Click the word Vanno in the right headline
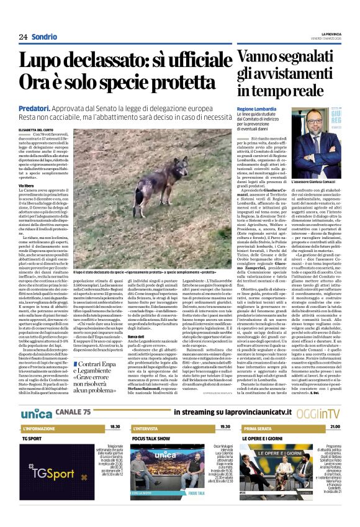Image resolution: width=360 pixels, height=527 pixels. tap(261, 57)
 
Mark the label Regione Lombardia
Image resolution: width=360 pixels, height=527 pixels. tap(254, 109)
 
